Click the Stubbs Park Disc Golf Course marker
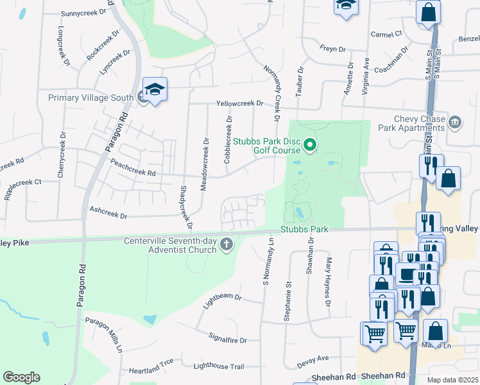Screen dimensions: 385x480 point(310,146)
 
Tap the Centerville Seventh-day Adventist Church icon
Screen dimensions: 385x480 point(226,244)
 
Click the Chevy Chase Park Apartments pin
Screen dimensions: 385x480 point(455,121)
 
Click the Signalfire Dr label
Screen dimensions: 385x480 point(228,338)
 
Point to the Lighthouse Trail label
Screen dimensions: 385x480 point(219,366)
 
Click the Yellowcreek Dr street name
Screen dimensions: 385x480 point(240,103)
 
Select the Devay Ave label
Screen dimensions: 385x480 point(313,361)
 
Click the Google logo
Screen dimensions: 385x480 point(21,377)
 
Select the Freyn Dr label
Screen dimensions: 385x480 point(332,49)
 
